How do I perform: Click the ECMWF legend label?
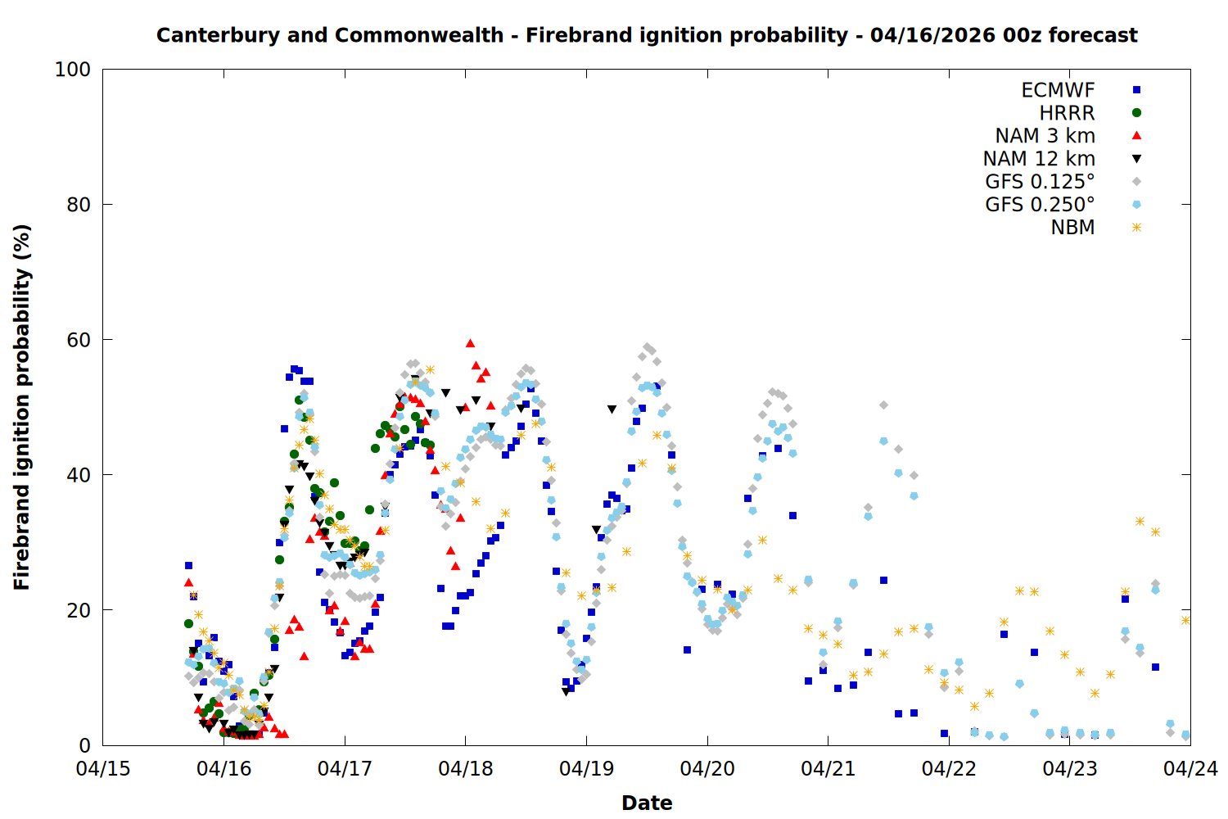(x=1058, y=90)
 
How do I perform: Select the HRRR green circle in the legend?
(x=1136, y=113)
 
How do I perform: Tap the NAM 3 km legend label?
(x=1045, y=136)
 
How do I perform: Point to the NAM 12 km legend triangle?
(x=1136, y=159)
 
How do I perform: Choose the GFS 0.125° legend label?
(x=1040, y=182)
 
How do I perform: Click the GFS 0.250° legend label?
(x=1040, y=205)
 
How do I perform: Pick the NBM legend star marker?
(x=1136, y=228)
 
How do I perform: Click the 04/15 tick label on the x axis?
(x=103, y=769)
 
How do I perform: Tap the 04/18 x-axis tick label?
(x=465, y=769)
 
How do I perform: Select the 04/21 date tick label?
(x=828, y=769)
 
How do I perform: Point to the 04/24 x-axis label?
(x=1190, y=769)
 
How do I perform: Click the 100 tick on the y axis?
(x=73, y=70)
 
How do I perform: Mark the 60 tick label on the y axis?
(x=79, y=340)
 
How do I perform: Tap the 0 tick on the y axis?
(x=85, y=745)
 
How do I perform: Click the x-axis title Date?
(x=647, y=803)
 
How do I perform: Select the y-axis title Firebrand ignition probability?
(x=22, y=407)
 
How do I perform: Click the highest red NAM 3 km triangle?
(x=470, y=343)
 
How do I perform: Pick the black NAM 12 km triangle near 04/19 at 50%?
(x=612, y=409)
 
